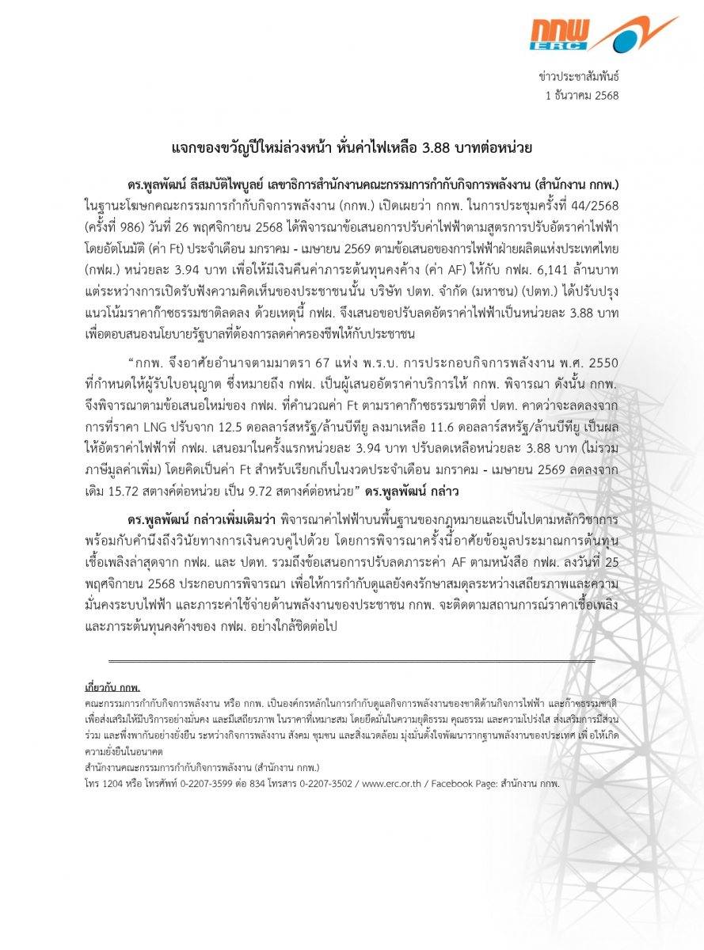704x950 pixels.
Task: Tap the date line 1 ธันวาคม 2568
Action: tap(582, 95)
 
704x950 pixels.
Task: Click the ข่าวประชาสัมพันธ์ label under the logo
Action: tap(578, 77)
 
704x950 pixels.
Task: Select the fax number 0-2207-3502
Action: tap(325, 783)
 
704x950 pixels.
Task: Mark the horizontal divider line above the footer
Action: tap(352, 660)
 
